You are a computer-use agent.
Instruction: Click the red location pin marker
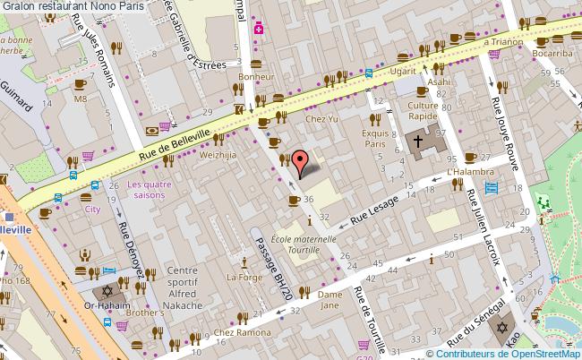point(302,161)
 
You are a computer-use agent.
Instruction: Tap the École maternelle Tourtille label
point(304,245)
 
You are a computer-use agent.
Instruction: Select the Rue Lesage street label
point(372,209)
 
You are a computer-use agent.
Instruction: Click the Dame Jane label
point(330,299)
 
